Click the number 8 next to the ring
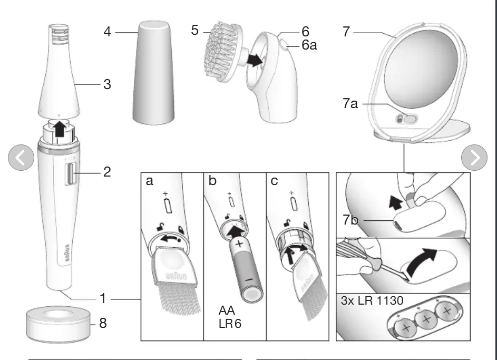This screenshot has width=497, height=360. click(103, 323)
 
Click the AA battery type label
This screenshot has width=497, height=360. click(227, 311)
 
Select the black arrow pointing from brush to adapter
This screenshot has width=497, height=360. click(255, 60)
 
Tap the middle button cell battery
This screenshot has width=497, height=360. click(425, 319)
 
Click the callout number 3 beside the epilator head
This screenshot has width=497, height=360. click(106, 84)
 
